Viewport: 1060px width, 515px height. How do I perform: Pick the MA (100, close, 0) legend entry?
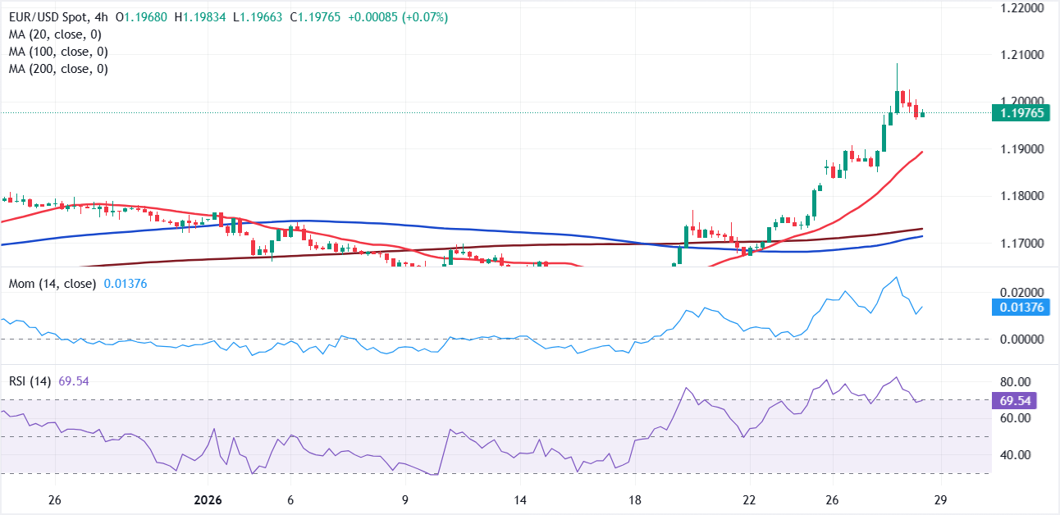tap(60, 52)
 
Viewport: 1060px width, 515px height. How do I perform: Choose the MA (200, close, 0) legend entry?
tap(60, 70)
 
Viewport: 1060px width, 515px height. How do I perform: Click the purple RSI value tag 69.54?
tap(1013, 400)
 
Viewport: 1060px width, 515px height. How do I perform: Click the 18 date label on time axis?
tap(634, 500)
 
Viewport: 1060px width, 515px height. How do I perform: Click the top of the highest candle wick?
tap(897, 63)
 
